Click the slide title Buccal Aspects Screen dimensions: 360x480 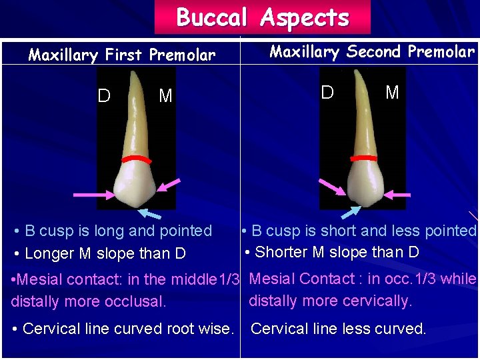tap(262, 17)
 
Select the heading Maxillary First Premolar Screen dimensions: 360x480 tap(122, 55)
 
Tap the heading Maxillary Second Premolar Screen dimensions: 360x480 tap(371, 52)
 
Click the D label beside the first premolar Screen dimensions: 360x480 tap(104, 96)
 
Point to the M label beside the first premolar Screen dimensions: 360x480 tap(165, 96)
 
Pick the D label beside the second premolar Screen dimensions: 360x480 tap(327, 92)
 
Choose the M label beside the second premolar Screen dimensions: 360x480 tap(392, 92)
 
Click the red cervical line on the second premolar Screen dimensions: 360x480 tap(364, 159)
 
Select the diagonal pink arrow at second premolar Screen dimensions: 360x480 tap(332, 187)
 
